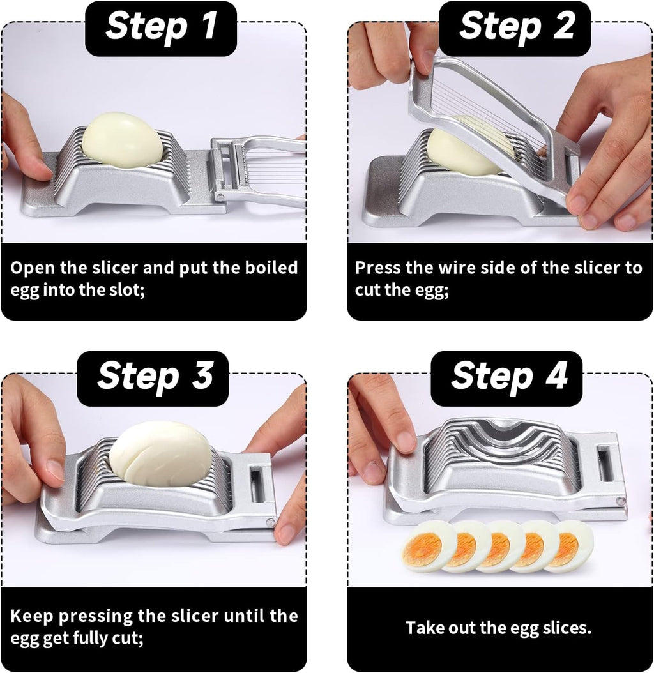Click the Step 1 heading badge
tap(161, 28)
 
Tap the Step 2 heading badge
tap(515, 28)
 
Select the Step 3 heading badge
tap(153, 377)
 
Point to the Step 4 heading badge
tap(507, 377)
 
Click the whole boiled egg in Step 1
tap(122, 140)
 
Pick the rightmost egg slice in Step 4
tap(570, 546)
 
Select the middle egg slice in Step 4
tap(501, 547)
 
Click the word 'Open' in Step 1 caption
tap(32, 268)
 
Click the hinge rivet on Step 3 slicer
tap(271, 523)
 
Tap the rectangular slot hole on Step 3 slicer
tap(257, 484)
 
